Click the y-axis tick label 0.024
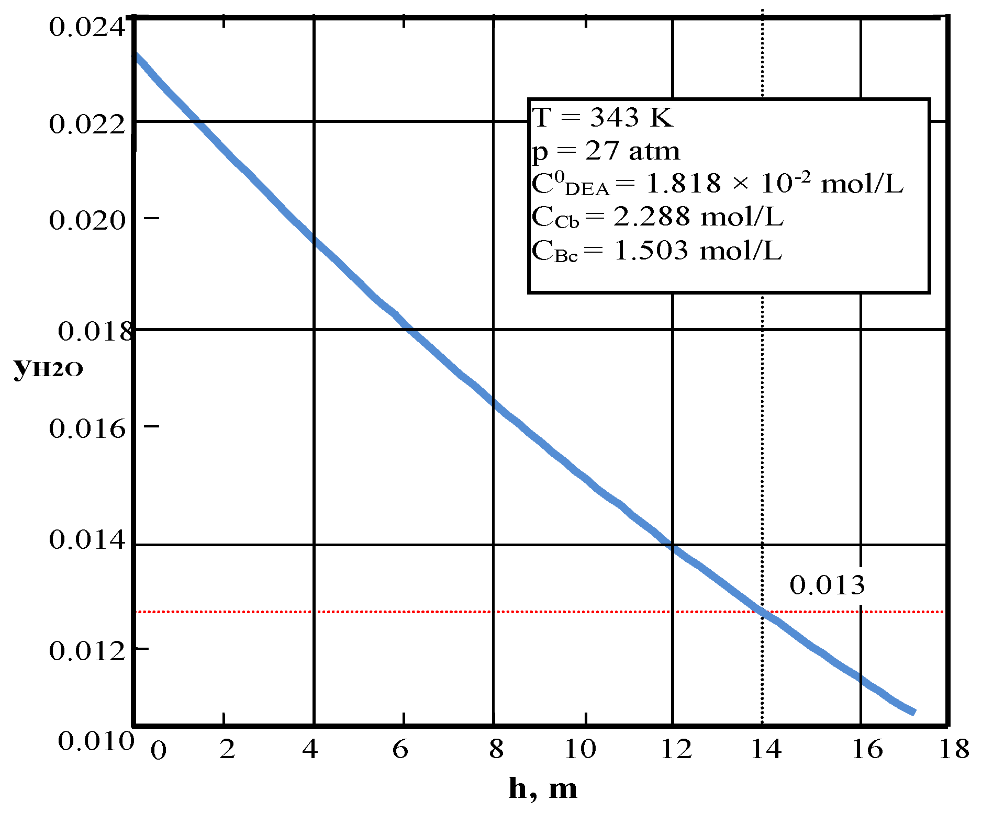click(87, 27)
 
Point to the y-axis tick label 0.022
click(87, 125)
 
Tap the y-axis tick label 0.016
click(87, 428)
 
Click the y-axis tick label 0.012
click(87, 651)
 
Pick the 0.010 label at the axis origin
click(96, 741)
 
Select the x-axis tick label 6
click(400, 750)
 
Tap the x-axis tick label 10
click(580, 750)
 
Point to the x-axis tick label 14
click(766, 750)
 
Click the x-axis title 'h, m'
click(543, 788)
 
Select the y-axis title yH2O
click(48, 368)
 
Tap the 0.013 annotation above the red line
click(827, 585)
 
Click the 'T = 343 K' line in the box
click(602, 117)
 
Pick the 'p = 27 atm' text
click(606, 151)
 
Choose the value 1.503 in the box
click(651, 251)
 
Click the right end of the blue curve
click(913, 712)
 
